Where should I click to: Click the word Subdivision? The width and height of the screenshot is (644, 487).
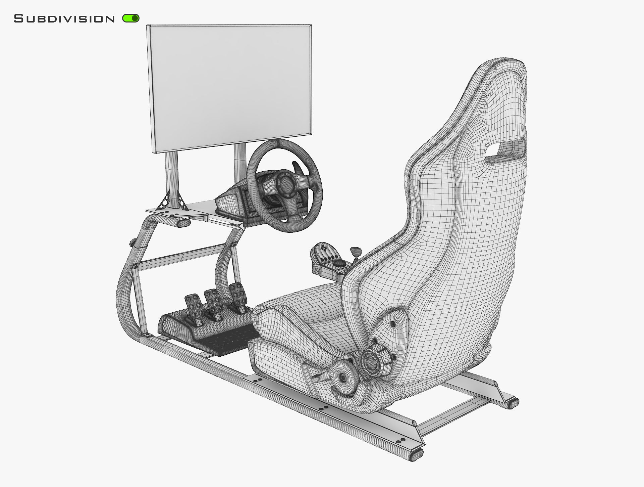coord(64,19)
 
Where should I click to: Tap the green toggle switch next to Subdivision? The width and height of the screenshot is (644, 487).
coord(131,18)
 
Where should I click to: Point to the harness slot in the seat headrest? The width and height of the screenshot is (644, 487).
coord(506,148)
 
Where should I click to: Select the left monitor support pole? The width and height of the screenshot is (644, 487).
coord(172,178)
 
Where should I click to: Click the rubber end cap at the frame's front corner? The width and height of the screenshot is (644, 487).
coord(417,455)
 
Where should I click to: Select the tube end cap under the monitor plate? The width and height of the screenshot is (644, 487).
coord(182,223)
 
